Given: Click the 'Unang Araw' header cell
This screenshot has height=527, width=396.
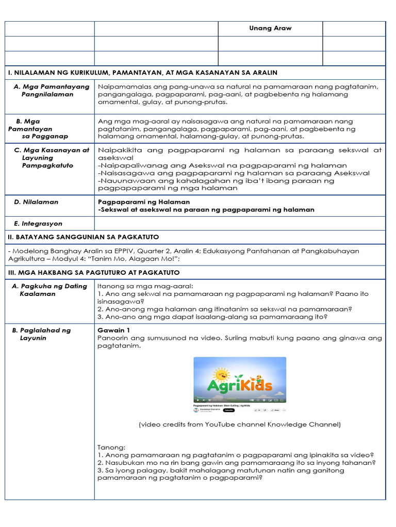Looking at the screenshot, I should coord(270,28).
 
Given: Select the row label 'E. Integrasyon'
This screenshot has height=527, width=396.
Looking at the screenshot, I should coord(38,224).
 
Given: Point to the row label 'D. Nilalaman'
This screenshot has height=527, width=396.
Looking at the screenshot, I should coord(36,202).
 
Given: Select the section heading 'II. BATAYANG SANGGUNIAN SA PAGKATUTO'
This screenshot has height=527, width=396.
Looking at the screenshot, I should coord(84,237).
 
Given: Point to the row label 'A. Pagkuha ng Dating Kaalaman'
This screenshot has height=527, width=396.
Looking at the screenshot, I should coord(49,290).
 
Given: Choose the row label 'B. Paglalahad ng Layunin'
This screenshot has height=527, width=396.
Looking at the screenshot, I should coord(41,334).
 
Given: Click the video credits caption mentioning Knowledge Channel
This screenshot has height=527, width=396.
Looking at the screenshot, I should coord(240,425).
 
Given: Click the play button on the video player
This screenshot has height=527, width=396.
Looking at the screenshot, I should coord(197,400).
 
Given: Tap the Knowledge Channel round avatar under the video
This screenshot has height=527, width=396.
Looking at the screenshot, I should coord(196,410).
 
